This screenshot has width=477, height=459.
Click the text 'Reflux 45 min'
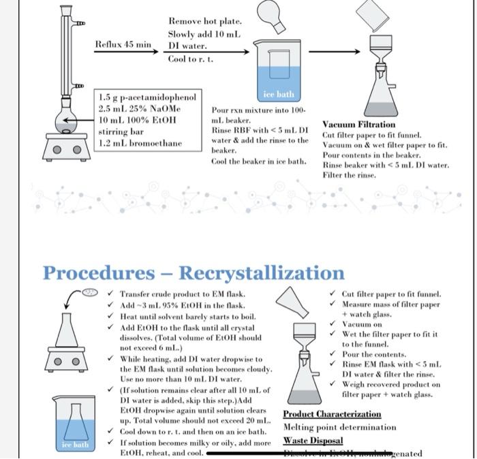coord(123,45)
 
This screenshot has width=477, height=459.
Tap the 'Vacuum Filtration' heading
coord(358,125)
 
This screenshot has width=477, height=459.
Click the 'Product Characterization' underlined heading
coord(332,414)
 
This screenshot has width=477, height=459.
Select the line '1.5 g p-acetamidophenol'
coord(147,97)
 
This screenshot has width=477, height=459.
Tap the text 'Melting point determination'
coord(339,427)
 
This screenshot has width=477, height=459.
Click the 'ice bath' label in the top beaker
coord(277,94)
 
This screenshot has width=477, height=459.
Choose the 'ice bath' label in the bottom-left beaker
coord(75,445)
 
